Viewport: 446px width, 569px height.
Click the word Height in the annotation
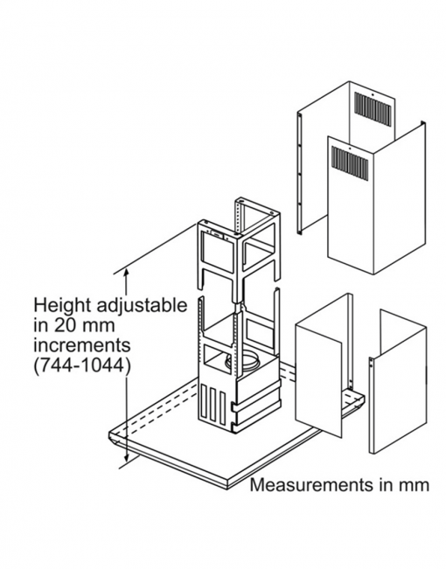tap(62, 306)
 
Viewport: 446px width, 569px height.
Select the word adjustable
tap(142, 307)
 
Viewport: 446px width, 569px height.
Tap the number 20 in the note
tap(65, 325)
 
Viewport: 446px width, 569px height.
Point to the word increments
tap(82, 345)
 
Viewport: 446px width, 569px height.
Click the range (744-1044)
tap(81, 365)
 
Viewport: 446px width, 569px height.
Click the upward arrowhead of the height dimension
tap(127, 271)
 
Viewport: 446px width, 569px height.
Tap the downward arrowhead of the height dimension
tap(127, 458)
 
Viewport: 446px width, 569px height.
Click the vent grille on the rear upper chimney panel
tap(373, 110)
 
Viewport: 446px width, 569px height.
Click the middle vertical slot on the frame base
tap(212, 405)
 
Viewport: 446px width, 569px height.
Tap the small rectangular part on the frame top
tap(217, 234)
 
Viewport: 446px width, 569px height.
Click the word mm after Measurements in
tap(416, 485)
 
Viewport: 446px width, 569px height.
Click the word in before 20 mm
tap(41, 325)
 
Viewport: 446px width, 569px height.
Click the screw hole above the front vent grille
tap(349, 149)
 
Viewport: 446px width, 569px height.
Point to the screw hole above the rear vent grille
tap(373, 96)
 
